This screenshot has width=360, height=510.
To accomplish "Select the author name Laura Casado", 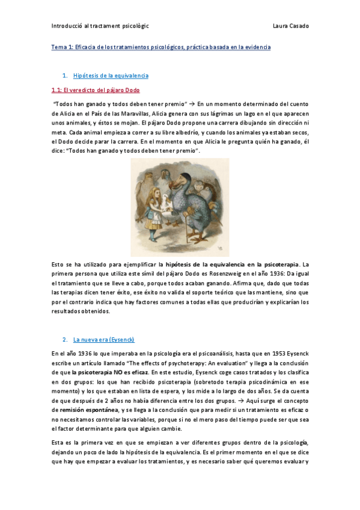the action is pos(290,26).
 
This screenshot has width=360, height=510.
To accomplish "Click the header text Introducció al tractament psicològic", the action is pos(100,26).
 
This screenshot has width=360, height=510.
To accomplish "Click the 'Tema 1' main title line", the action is pos(161,47).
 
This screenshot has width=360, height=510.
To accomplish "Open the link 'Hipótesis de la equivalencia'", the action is pos(111,76).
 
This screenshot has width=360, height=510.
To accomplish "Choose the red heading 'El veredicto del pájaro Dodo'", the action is pos(96,90).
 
